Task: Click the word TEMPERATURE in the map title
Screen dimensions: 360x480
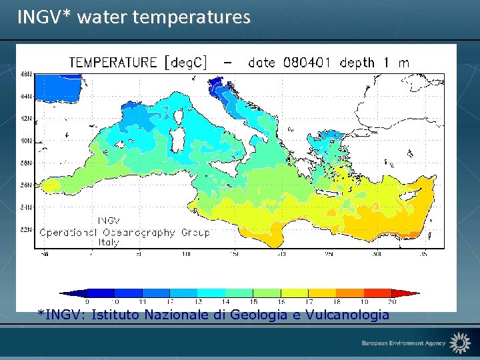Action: pos(113,63)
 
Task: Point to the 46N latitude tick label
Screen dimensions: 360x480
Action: pos(27,74)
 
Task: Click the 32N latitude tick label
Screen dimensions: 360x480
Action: pos(27,230)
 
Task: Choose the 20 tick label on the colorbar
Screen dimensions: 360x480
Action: pos(391,302)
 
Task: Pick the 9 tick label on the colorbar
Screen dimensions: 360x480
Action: pos(87,302)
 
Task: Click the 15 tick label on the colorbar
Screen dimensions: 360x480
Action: pos(253,302)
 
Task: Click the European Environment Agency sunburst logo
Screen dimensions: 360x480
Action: pos(459,343)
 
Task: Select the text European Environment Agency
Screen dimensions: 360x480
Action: pos(403,343)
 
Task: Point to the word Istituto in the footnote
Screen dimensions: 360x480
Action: pos(113,315)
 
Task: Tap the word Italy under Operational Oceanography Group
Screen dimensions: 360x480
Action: pos(108,242)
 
